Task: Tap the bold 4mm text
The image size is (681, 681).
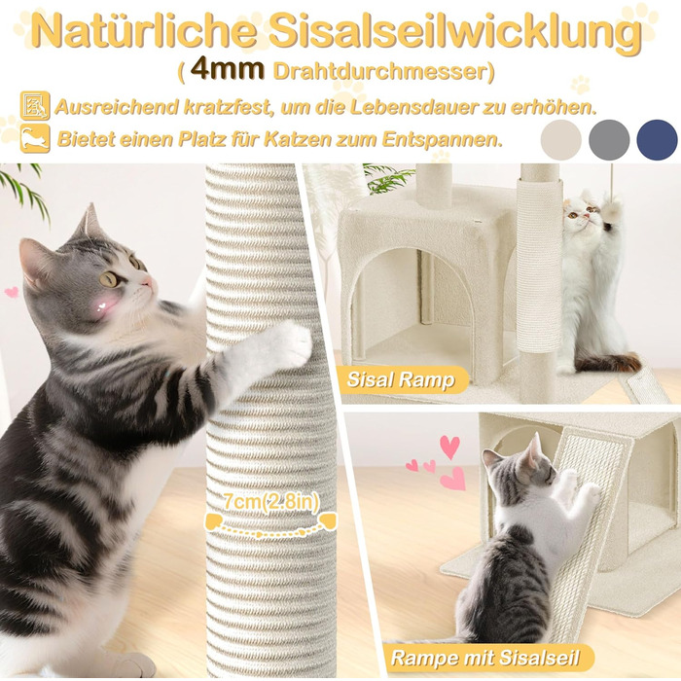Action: [227, 69]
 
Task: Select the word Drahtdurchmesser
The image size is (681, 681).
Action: [380, 71]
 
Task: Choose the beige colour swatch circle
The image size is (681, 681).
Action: [560, 140]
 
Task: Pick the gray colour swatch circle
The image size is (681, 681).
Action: [609, 140]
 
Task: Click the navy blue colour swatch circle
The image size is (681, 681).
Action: [657, 140]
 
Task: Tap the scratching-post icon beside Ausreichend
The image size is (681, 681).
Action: [35, 105]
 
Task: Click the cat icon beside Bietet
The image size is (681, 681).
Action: [35, 138]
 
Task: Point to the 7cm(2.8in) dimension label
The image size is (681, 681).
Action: [271, 502]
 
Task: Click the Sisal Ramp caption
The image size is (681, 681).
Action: [401, 380]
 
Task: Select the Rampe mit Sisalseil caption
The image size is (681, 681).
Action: [485, 658]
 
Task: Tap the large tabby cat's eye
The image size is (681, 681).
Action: [109, 279]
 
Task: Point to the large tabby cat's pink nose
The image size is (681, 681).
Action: [149, 282]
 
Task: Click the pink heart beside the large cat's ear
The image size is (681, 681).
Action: [12, 292]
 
